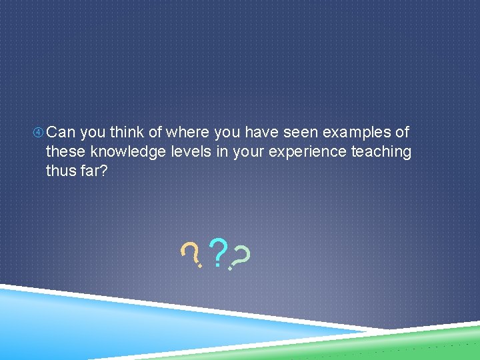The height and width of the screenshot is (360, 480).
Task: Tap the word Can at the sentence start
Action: click(x=61, y=133)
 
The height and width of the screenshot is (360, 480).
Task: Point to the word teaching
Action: click(x=381, y=152)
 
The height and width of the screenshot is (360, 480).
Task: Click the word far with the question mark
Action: click(x=95, y=170)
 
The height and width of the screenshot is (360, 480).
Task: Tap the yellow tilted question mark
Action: click(x=192, y=254)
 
